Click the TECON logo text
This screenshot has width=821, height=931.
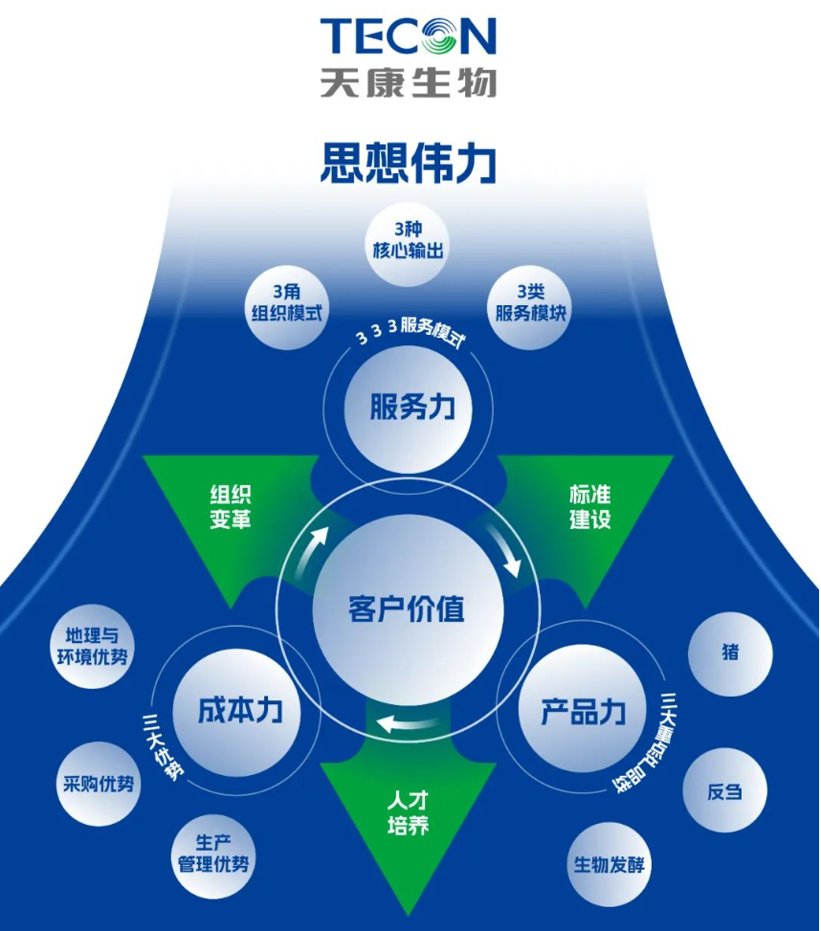(409, 35)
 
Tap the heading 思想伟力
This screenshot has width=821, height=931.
(409, 163)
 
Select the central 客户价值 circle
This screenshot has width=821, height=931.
(408, 609)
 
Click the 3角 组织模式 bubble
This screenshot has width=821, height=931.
(285, 303)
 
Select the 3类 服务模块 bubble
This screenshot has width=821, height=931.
(530, 303)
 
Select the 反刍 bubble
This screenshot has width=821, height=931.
(723, 792)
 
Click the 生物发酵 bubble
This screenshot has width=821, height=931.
(610, 865)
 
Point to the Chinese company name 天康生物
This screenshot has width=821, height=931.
(409, 81)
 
